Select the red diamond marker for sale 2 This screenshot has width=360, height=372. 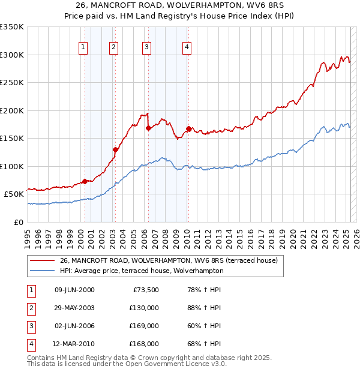coord(115,149)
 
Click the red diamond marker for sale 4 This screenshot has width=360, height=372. coord(188,128)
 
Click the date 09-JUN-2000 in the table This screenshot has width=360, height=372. coord(74,290)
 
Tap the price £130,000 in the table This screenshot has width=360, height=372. coord(144,308)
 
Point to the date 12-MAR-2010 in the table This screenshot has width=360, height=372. coord(74,344)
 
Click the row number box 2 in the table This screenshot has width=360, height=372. coord(31,308)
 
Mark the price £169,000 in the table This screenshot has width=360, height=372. coord(144,326)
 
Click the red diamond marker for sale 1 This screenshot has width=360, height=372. coord(85,181)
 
